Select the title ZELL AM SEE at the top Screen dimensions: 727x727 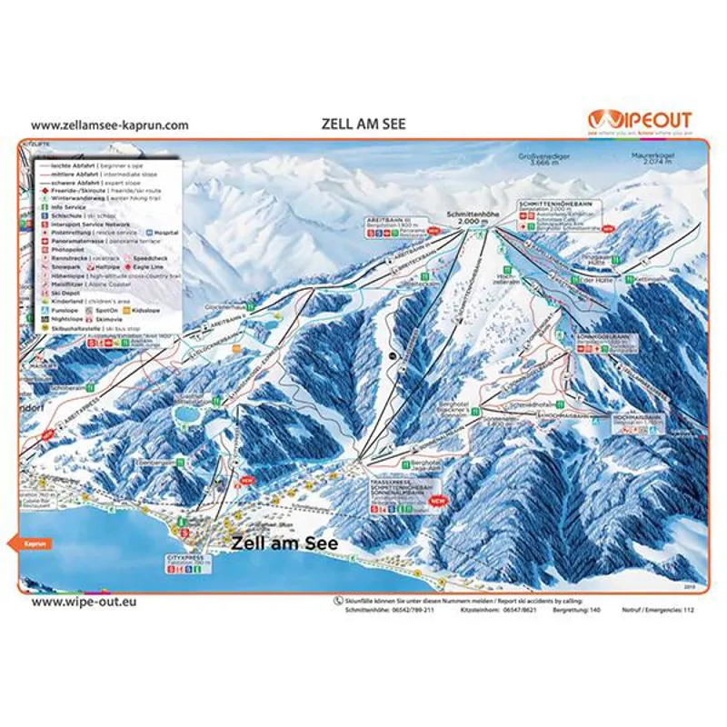point(363,124)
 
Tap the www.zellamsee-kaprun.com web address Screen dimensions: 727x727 point(110,124)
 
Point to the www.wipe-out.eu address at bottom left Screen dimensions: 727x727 point(83,602)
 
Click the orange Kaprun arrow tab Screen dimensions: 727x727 point(34,543)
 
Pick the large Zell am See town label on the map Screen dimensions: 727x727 point(284,543)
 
